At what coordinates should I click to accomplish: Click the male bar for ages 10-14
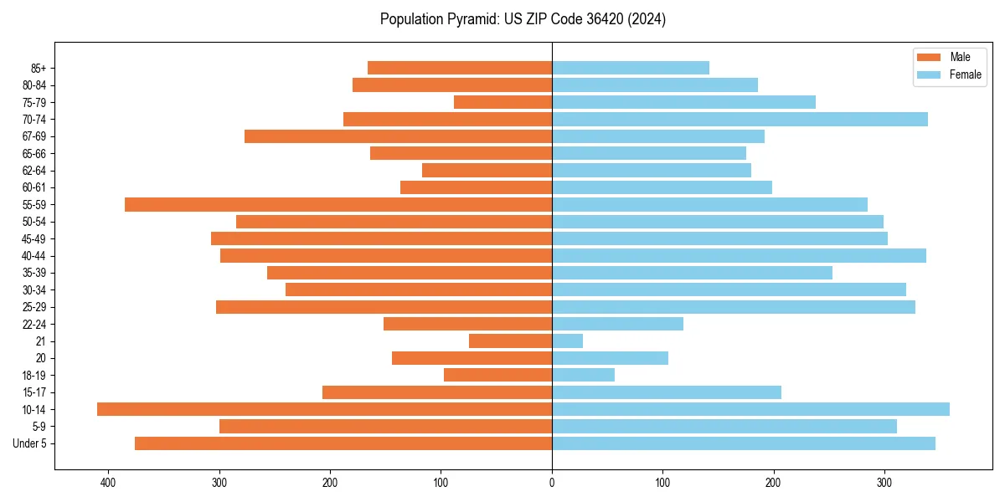pyautogui.click(x=324, y=409)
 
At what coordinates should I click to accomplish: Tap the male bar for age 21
pyautogui.click(x=510, y=341)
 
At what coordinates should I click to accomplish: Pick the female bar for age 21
pyautogui.click(x=567, y=341)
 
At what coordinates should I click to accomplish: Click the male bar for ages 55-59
pyautogui.click(x=338, y=204)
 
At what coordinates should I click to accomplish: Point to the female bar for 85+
pyautogui.click(x=630, y=68)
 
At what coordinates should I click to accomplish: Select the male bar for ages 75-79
pyautogui.click(x=502, y=102)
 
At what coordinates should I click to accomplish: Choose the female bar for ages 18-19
pyautogui.click(x=583, y=375)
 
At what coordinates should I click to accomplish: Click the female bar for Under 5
pyautogui.click(x=743, y=443)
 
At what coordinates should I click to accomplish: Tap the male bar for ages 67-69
pyautogui.click(x=398, y=136)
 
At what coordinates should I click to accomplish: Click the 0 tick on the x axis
pyautogui.click(x=552, y=483)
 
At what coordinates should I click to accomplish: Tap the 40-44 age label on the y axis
pyautogui.click(x=34, y=256)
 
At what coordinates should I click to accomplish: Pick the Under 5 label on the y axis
pyautogui.click(x=30, y=443)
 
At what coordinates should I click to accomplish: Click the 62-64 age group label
pyautogui.click(x=34, y=171)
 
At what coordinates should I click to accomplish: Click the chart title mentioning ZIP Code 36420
pyautogui.click(x=523, y=19)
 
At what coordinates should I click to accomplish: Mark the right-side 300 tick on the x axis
pyautogui.click(x=884, y=483)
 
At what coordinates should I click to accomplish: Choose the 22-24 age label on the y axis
pyautogui.click(x=34, y=324)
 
